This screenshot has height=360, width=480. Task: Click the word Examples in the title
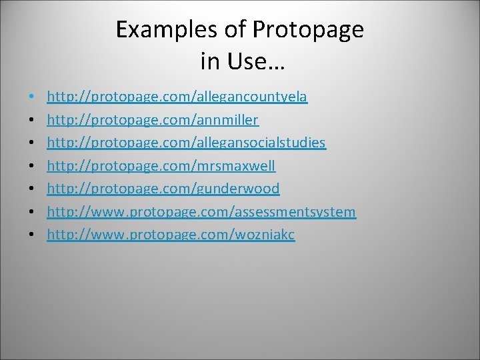pos(158,30)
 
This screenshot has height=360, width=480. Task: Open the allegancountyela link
pos(177,97)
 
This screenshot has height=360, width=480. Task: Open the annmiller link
pos(153,120)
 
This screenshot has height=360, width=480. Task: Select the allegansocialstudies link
pos(186,143)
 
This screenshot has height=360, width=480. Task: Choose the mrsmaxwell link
pos(161,166)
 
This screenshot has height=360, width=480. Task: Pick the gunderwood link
pos(163,189)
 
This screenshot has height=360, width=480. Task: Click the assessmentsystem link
pos(201,212)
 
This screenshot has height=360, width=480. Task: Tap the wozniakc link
pos(171,235)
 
